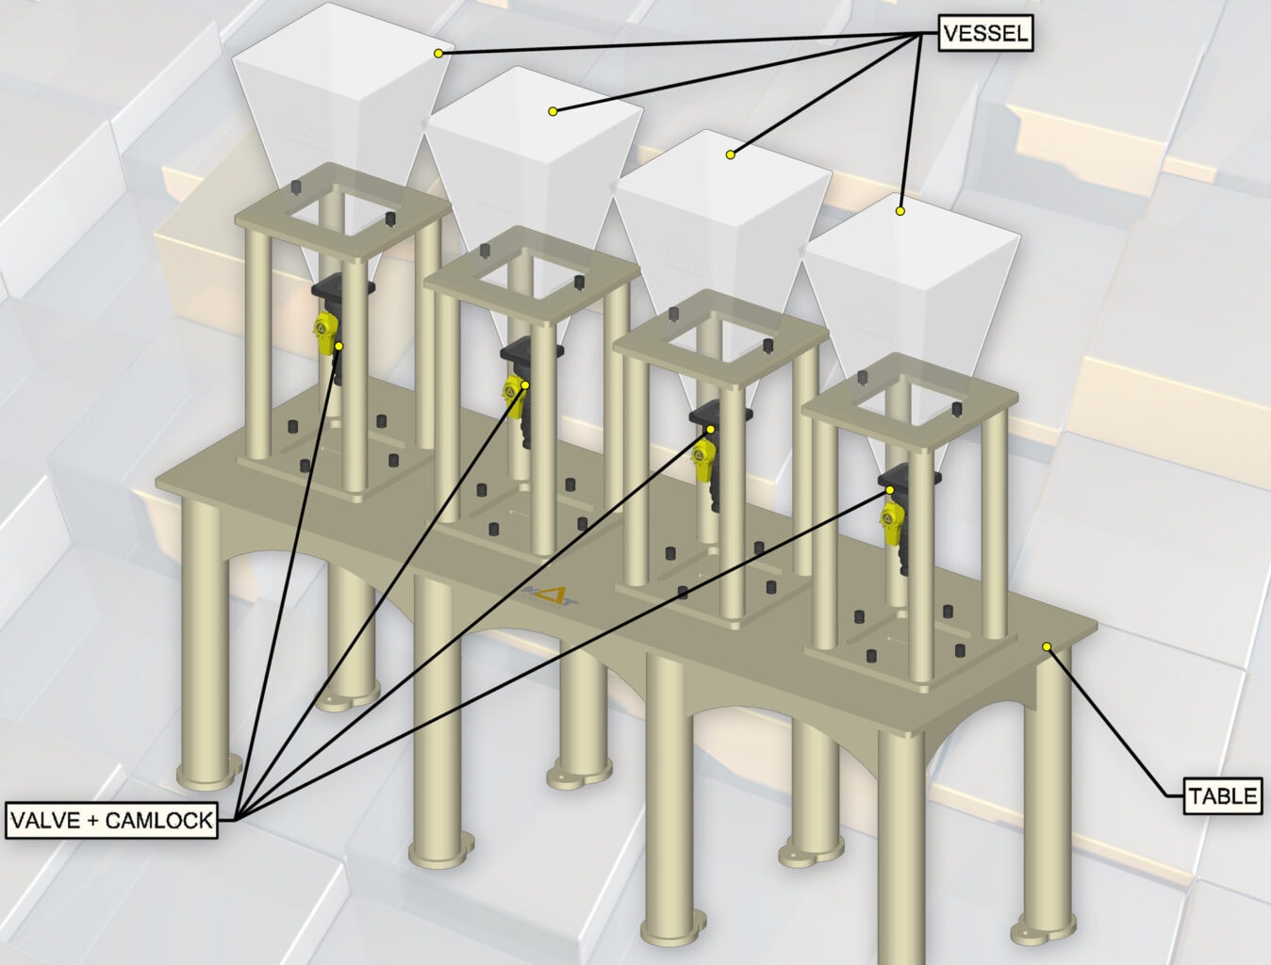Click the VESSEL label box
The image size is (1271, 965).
(986, 35)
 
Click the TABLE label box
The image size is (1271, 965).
(1222, 796)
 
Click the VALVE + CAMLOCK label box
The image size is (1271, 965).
(111, 819)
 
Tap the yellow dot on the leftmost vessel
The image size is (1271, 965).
(438, 54)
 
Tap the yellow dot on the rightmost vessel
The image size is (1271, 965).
(900, 211)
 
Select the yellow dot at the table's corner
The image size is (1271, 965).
(1047, 646)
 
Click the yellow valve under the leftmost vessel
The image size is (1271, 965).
(326, 334)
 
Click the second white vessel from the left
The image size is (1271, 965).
(528, 160)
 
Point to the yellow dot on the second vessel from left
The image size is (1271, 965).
(553, 111)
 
